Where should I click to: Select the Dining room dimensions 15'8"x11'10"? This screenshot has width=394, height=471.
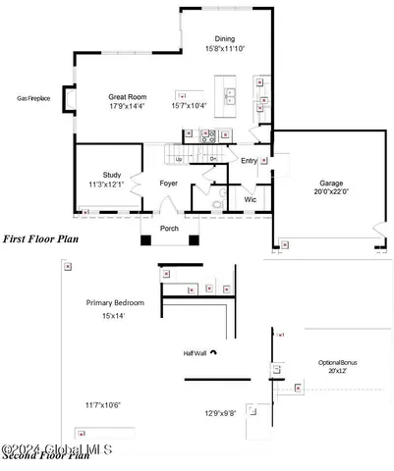click(x=225, y=48)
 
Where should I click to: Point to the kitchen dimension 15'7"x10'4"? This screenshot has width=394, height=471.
click(x=191, y=106)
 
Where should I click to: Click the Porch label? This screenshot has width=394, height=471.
click(x=170, y=230)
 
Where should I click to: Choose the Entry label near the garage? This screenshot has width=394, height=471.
click(x=249, y=161)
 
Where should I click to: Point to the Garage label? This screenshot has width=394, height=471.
click(x=330, y=183)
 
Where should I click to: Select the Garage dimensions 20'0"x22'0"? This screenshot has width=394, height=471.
click(x=330, y=193)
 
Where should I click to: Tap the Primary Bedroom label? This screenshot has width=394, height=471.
click(x=115, y=303)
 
